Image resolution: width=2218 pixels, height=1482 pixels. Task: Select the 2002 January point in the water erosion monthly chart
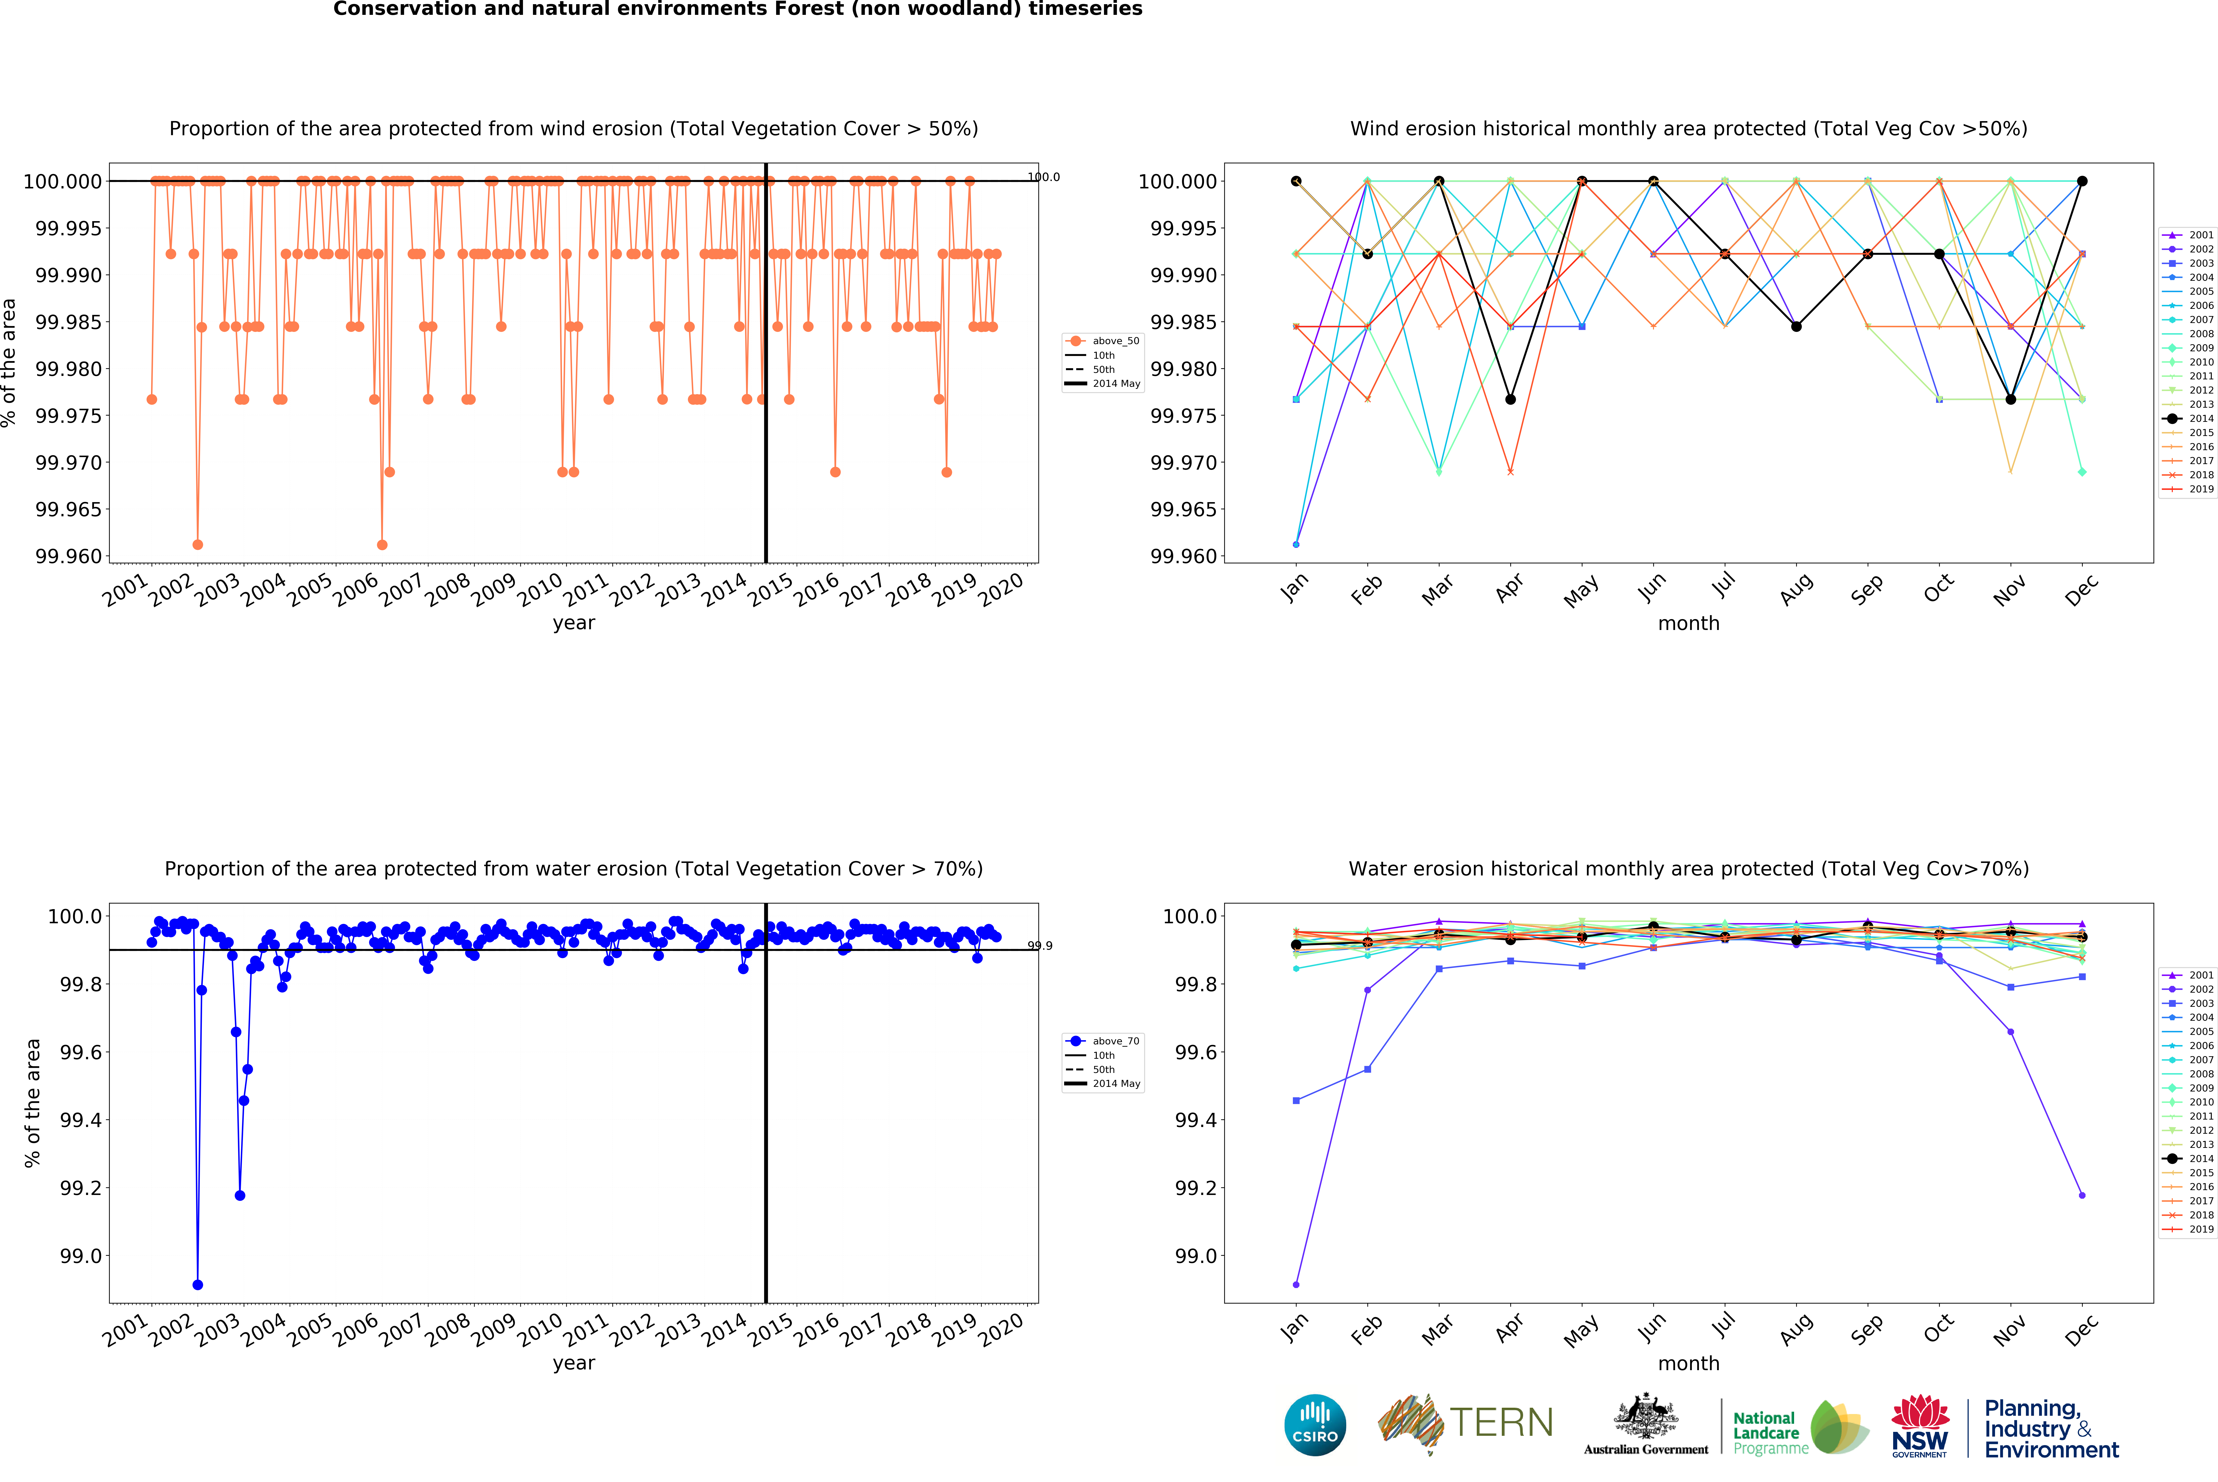pyautogui.click(x=1296, y=1285)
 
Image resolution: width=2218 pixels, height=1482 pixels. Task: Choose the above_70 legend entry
pyautogui.click(x=1115, y=1041)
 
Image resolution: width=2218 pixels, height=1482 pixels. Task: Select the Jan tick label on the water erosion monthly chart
pyautogui.click(x=1295, y=1327)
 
